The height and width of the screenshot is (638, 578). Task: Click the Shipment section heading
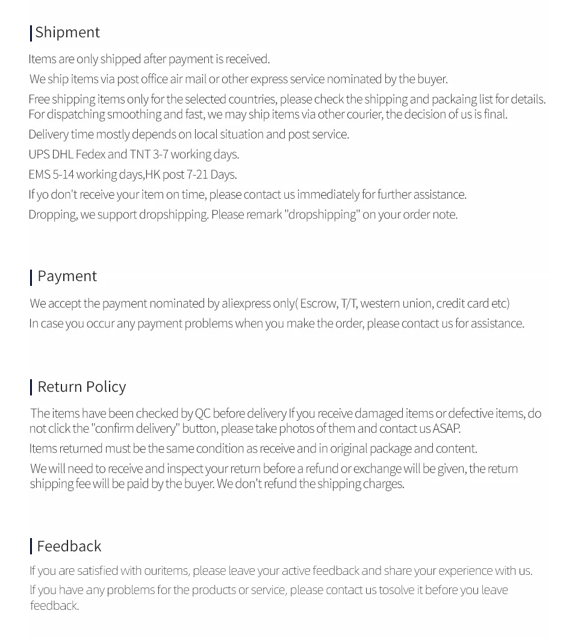pyautogui.click(x=67, y=32)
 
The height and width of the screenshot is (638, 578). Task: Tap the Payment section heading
pyautogui.click(x=67, y=276)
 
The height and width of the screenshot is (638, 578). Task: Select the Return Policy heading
pyautogui.click(x=81, y=386)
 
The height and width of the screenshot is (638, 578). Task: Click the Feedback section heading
pyautogui.click(x=69, y=546)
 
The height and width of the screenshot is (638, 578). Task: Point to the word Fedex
pyautogui.click(x=90, y=154)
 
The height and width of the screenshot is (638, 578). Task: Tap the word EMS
pyautogui.click(x=39, y=174)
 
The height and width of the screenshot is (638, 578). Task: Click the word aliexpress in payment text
pyautogui.click(x=246, y=303)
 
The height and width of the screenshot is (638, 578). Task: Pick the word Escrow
pyautogui.click(x=319, y=303)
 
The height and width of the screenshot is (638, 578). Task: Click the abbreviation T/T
pyautogui.click(x=348, y=303)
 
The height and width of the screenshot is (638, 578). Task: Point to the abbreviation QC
pyautogui.click(x=202, y=413)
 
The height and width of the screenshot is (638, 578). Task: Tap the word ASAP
pyautogui.click(x=446, y=429)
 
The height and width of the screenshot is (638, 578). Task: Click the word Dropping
pyautogui.click(x=52, y=214)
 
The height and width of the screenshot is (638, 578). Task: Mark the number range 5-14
pyautogui.click(x=63, y=174)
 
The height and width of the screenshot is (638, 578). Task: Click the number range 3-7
pyautogui.click(x=160, y=154)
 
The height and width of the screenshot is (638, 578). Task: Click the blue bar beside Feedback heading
pyautogui.click(x=31, y=546)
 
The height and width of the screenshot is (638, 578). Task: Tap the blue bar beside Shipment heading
pyautogui.click(x=31, y=33)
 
